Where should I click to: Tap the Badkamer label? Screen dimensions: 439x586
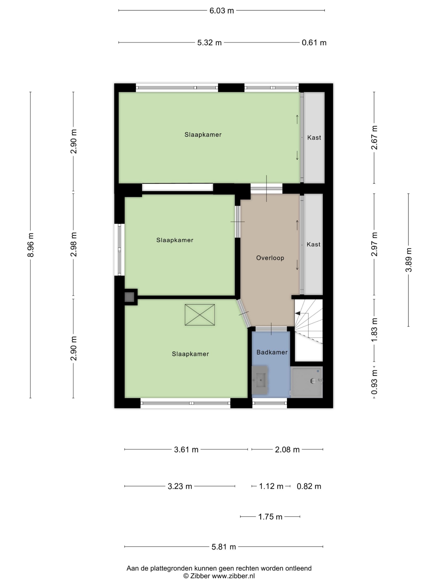[x=272, y=352]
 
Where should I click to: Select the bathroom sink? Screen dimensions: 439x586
[x=259, y=380]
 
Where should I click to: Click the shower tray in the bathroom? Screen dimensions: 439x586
[x=306, y=382]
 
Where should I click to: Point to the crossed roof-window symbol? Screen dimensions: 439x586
[x=200, y=315]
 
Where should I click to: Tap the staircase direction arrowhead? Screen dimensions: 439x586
[x=297, y=313]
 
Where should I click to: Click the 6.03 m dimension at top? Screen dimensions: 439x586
[x=222, y=11]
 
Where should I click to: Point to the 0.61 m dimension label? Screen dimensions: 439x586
[x=314, y=43]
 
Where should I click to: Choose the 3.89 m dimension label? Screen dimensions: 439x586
[x=409, y=260]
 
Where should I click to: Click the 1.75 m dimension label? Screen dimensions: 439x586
[x=270, y=517]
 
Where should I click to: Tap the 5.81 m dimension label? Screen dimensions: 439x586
[x=224, y=547]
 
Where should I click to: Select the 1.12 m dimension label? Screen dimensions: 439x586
[x=271, y=486]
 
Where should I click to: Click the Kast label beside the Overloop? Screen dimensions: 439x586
[x=313, y=244]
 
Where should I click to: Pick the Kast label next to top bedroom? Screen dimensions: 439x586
[x=314, y=138]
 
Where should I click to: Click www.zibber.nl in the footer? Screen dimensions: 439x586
[x=233, y=576]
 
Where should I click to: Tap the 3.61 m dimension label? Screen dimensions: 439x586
[x=186, y=450]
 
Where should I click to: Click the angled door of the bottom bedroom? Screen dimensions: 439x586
[x=244, y=313]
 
